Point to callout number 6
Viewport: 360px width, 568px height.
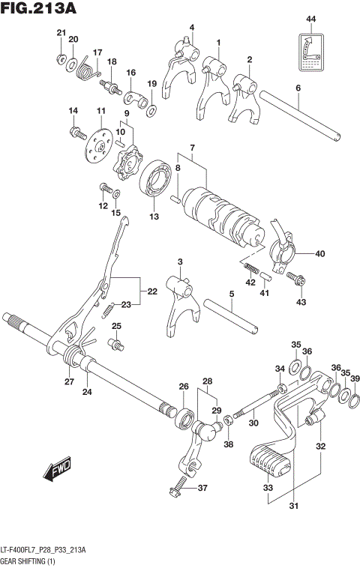click(298, 88)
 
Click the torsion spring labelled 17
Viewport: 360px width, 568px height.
click(87, 69)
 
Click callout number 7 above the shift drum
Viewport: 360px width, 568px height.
click(192, 147)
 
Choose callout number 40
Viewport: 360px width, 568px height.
click(320, 253)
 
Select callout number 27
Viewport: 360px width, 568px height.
click(68, 382)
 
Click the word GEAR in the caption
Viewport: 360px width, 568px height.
click(12, 560)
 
